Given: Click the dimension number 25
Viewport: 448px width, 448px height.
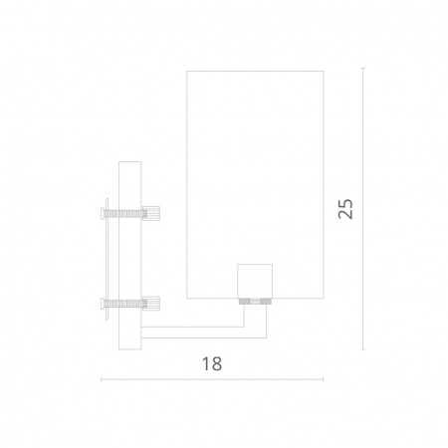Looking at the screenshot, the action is [x=345, y=209].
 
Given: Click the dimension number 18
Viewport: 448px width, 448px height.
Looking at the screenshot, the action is [x=212, y=364].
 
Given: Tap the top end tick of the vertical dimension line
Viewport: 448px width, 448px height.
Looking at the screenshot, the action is [x=363, y=68].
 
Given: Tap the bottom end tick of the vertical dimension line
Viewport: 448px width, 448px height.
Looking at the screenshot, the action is [x=363, y=349].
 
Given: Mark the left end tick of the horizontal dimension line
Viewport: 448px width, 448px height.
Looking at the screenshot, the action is [x=101, y=379].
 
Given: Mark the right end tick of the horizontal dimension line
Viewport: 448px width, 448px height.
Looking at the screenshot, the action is [x=323, y=379].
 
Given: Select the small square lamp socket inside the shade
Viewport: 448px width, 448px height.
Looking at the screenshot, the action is [x=255, y=281].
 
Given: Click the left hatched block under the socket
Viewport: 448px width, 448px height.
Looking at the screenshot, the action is [x=244, y=302].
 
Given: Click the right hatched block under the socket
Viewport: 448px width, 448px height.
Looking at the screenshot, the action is [x=266, y=302].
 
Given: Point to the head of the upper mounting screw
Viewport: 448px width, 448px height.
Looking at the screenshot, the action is [x=103, y=213].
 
